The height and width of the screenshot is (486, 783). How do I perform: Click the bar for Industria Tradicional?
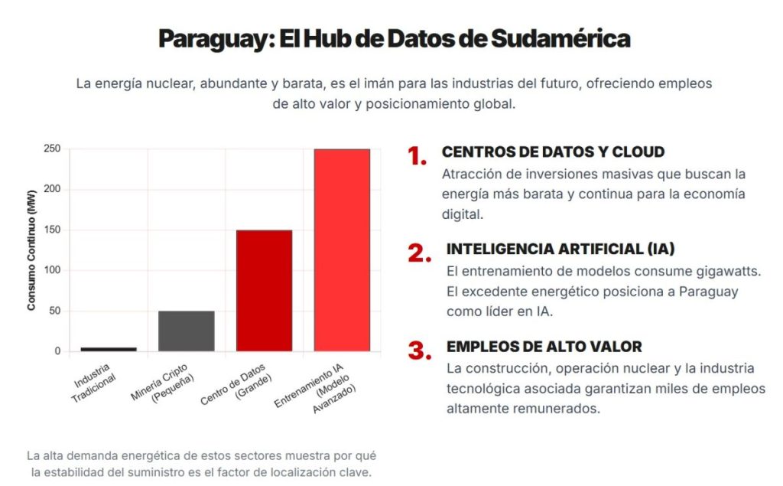pos(109,349)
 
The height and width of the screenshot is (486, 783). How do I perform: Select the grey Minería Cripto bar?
pos(187,331)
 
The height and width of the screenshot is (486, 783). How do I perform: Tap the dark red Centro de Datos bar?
pos(264,290)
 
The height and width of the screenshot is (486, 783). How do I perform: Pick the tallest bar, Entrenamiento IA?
pos(342,250)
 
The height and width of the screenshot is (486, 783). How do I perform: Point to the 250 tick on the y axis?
pos(52,148)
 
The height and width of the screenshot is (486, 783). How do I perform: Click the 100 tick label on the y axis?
pos(52,270)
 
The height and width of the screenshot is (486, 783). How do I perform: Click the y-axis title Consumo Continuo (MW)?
pos(31,250)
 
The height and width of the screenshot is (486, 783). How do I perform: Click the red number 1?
pos(417,156)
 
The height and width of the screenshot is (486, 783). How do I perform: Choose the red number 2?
pos(420,253)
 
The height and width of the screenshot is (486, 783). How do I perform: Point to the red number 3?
pos(420,351)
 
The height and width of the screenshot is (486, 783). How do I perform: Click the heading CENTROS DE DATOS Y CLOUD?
pos(553,152)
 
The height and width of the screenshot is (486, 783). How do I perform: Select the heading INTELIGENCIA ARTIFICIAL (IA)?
pos(560,250)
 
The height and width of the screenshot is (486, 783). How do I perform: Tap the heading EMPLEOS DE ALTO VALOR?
pos(544,347)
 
